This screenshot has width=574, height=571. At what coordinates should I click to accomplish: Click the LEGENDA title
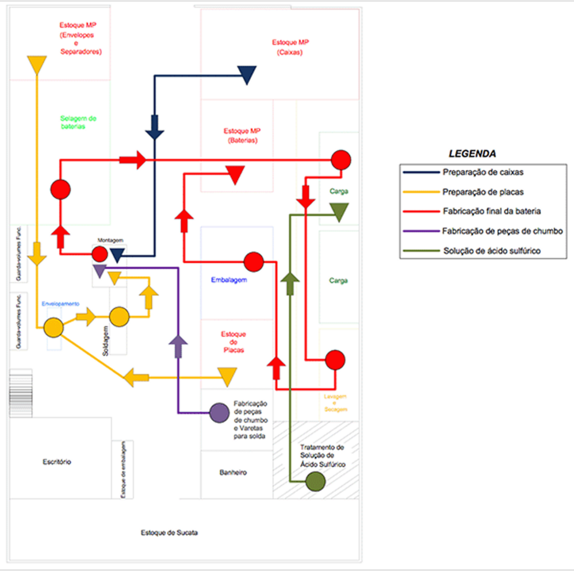[x=472, y=154]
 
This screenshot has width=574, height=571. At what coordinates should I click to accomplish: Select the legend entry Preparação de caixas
[x=483, y=172]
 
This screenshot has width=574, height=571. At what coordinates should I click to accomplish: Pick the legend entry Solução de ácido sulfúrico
[x=492, y=251]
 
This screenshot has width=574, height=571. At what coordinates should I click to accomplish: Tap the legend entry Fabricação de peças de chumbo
[x=502, y=231]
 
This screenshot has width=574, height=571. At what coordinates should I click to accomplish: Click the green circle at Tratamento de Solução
[x=316, y=481]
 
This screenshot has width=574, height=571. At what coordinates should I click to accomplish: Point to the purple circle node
[x=219, y=413]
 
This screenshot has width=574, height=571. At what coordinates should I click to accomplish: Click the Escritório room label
[x=57, y=462]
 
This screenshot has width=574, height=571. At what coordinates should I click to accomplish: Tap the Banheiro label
[x=233, y=472]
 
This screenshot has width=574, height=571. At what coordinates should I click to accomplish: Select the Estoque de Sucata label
[x=169, y=532]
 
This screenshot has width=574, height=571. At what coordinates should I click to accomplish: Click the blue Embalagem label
[x=229, y=280]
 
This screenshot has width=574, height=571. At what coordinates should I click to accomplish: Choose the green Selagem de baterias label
[x=78, y=122]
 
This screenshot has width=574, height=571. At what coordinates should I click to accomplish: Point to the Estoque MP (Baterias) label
[x=242, y=136]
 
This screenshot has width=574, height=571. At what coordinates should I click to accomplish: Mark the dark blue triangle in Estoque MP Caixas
[x=247, y=75]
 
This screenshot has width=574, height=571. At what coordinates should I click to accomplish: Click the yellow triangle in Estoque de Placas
[x=227, y=377]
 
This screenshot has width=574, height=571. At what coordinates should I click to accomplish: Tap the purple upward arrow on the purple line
[x=178, y=346]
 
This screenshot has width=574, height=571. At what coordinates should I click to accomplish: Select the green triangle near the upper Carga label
[x=339, y=212]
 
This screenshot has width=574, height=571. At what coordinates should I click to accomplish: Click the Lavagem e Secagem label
[x=335, y=403]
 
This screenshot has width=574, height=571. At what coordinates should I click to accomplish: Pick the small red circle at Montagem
[x=99, y=254]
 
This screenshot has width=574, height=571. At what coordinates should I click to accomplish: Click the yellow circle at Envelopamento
[x=53, y=327]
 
